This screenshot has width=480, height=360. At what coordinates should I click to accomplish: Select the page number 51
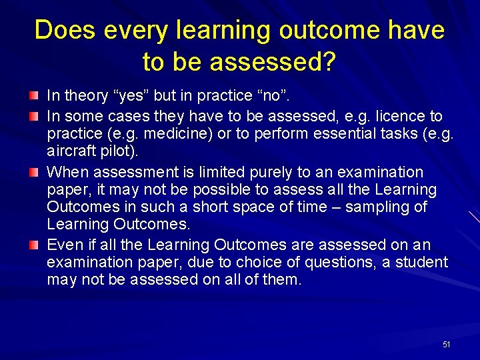tap(446, 345)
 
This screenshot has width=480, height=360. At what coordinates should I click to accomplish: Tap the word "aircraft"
tap(71, 151)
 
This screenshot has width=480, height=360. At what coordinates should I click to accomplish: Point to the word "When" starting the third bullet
tap(67, 173)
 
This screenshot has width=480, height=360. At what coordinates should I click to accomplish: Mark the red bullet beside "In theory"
tap(34, 97)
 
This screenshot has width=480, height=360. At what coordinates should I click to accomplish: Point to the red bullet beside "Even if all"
tap(34, 245)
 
